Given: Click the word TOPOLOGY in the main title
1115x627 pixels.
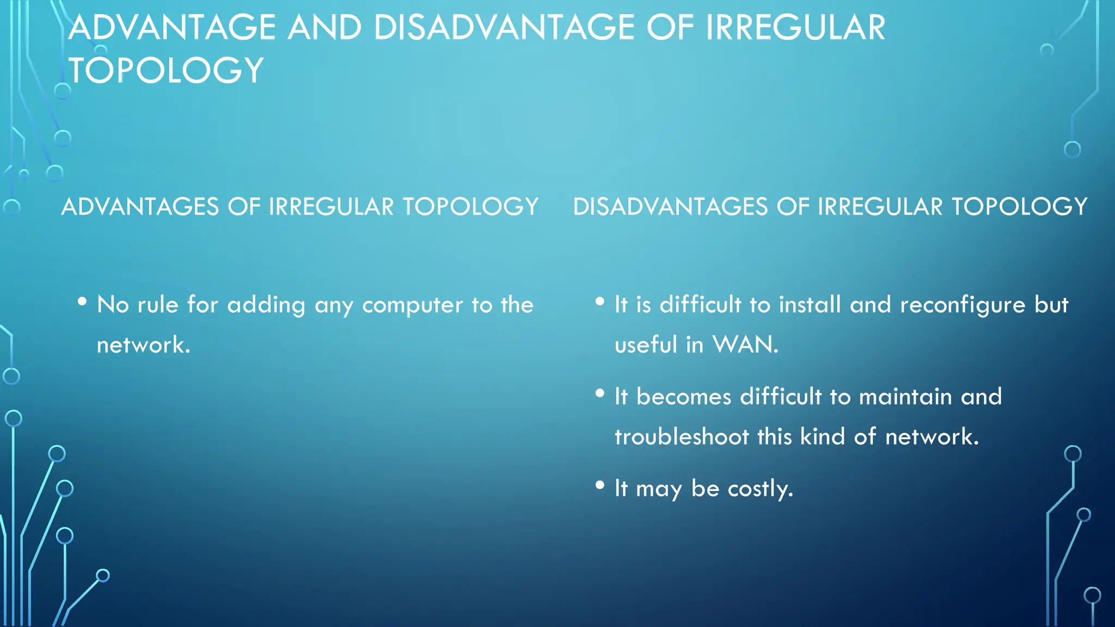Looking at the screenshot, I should pos(166,71).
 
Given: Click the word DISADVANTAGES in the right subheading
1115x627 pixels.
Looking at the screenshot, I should pos(670,207).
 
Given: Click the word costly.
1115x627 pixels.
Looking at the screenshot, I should pos(760,488).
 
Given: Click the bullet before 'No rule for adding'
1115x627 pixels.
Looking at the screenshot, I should pos(82,301).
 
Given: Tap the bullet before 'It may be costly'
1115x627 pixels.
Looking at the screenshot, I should pos(600,484).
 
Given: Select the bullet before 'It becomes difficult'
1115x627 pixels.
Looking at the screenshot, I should pos(600,393).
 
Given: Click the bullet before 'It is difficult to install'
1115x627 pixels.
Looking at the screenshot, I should pos(600,301).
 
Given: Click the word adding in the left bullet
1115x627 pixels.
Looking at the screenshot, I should pos(266,305).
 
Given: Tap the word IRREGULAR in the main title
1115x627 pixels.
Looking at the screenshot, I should pos(795,28).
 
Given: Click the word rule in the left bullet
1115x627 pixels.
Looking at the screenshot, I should pos(158,305).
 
